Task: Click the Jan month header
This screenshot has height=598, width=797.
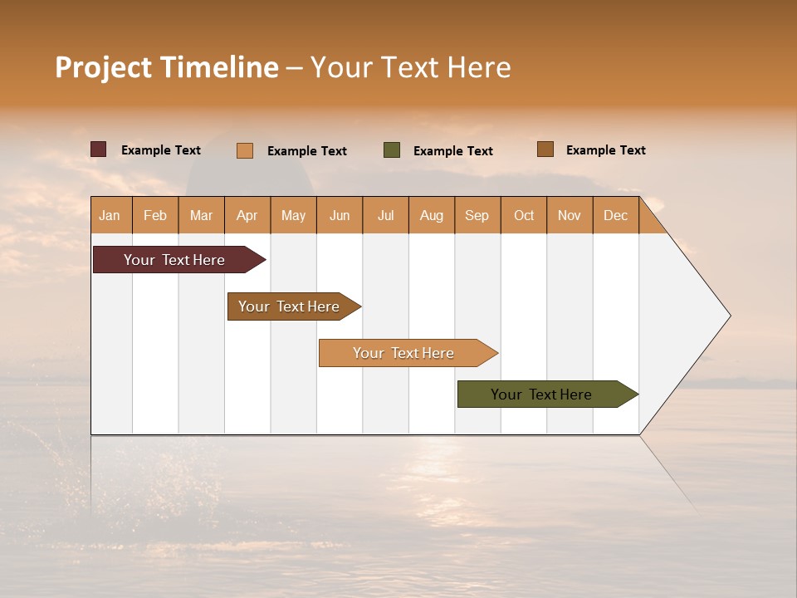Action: [x=110, y=216]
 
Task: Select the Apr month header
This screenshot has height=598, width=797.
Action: [x=247, y=216]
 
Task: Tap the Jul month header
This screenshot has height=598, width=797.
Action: [x=385, y=216]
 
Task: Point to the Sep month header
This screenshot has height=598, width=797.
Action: [x=477, y=216]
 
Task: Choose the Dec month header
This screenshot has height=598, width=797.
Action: [x=615, y=216]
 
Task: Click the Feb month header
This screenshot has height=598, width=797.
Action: [x=155, y=216]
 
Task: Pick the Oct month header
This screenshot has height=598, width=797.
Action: [x=524, y=216]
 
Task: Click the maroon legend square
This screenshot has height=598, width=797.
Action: [x=99, y=149]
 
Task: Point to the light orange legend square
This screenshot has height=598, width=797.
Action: [x=245, y=150]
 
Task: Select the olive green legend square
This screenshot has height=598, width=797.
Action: [x=392, y=150]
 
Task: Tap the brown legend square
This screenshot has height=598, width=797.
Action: [x=545, y=149]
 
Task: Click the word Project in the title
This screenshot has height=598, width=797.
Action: [x=103, y=68]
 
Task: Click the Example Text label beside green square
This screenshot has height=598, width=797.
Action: [x=452, y=151]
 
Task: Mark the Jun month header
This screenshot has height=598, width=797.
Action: [x=340, y=216]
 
